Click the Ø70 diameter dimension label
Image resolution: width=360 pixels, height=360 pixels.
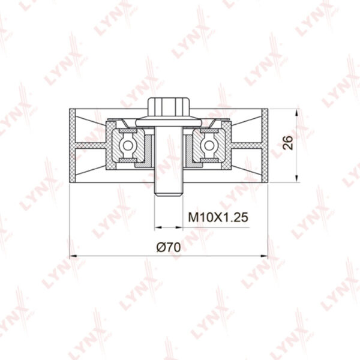click(169, 247)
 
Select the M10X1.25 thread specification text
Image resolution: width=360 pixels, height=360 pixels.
click(218, 217)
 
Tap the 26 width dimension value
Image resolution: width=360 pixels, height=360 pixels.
click(287, 143)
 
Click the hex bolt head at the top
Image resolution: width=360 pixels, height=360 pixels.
click(169, 107)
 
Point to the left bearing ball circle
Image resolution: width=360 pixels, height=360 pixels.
click(127, 145)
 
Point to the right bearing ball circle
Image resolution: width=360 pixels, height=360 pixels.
click(209, 145)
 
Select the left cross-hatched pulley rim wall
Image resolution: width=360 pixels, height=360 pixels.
click(73, 146)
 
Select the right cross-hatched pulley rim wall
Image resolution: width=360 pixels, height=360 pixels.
click(265, 146)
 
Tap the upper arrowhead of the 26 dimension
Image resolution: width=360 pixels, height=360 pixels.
click(297, 112)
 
